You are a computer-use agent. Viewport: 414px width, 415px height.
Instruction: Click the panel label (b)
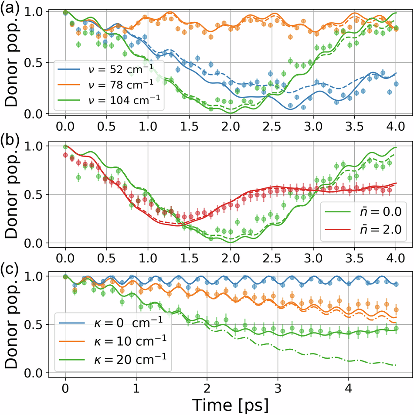9,140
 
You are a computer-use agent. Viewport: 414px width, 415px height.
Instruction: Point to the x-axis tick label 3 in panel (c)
278,387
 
